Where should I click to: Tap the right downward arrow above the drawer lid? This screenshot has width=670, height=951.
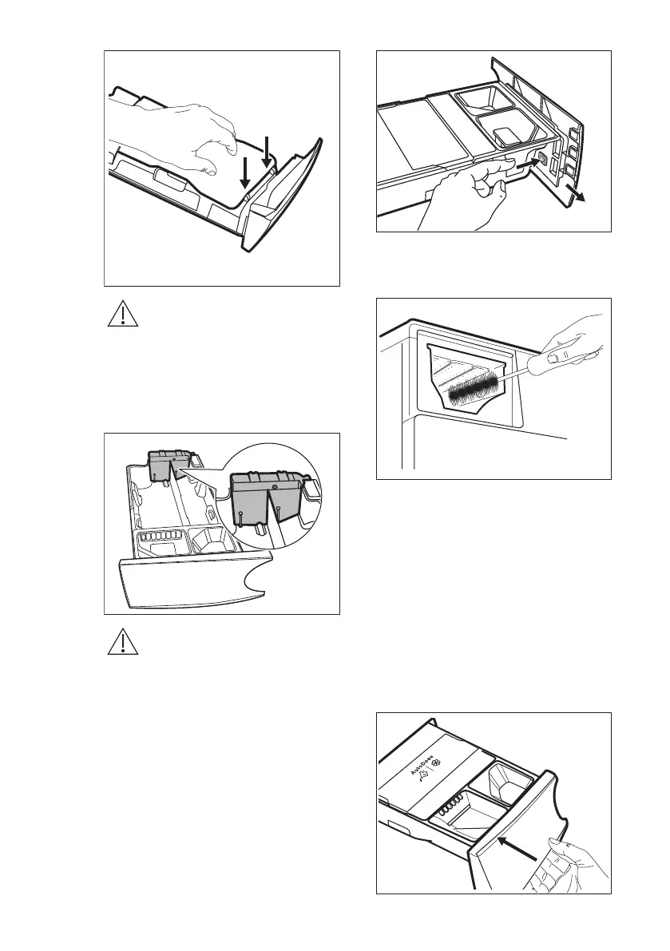point(267,153)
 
